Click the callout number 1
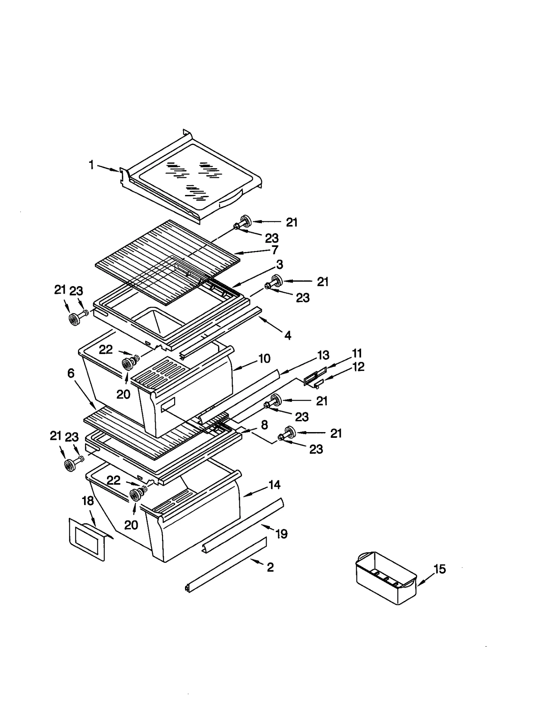tap(91, 165)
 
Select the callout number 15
tap(440, 569)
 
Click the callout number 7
tap(275, 250)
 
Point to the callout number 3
tap(279, 264)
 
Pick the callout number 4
tap(288, 335)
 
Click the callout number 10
tap(265, 358)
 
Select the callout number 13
tap(323, 355)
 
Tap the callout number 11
tap(357, 353)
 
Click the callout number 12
tap(358, 367)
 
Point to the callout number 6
tap(71, 373)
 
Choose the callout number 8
tap(264, 425)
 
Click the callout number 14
tap(274, 485)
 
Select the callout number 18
tap(88, 501)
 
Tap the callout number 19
tap(281, 534)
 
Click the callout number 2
tap(270, 567)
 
